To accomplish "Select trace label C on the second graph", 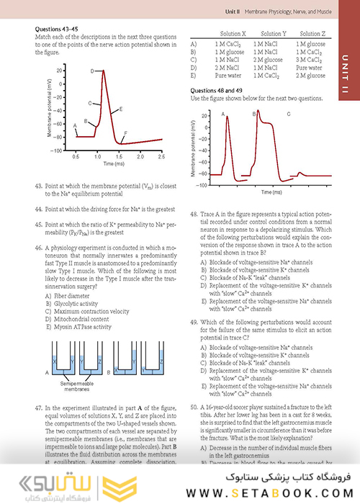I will coord(289,114).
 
